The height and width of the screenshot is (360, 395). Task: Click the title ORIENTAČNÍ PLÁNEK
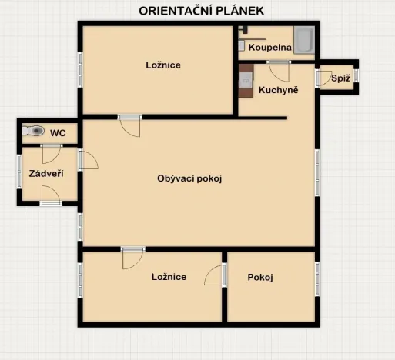(x=202, y=11)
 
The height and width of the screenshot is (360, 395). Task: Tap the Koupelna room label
(x=269, y=48)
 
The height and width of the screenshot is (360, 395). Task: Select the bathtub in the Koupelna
(x=304, y=40)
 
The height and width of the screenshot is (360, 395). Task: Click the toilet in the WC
(x=33, y=131)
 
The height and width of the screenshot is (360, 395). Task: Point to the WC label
(x=58, y=133)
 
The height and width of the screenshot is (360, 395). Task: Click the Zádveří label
(x=46, y=174)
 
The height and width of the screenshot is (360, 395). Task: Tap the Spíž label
(x=340, y=78)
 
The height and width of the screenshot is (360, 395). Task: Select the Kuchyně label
(x=279, y=90)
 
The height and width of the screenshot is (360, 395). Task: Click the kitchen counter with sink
(x=246, y=81)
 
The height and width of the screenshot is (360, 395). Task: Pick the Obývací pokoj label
(x=189, y=178)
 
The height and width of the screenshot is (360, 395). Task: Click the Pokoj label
(x=260, y=277)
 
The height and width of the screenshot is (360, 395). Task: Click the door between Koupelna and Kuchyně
(x=279, y=72)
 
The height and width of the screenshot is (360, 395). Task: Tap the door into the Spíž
(x=323, y=78)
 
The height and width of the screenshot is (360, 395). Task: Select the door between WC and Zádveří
(x=51, y=154)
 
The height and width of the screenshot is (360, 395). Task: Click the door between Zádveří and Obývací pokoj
(x=88, y=159)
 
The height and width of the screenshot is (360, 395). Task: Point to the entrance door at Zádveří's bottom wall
(x=51, y=195)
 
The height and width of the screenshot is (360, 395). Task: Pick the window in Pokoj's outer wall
(x=317, y=279)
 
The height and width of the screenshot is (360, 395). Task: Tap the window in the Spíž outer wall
(x=356, y=76)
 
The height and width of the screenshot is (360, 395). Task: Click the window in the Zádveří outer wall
(x=19, y=172)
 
